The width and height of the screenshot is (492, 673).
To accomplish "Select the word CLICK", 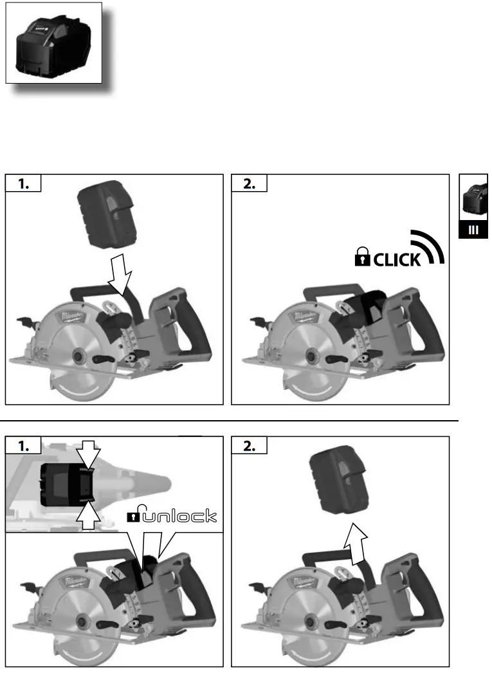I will (397, 259).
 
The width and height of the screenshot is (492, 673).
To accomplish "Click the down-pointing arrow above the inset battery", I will (89, 456).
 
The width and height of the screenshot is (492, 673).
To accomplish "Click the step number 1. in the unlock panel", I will (23, 446).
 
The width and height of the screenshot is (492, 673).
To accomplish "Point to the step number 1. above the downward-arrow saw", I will (23, 183).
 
